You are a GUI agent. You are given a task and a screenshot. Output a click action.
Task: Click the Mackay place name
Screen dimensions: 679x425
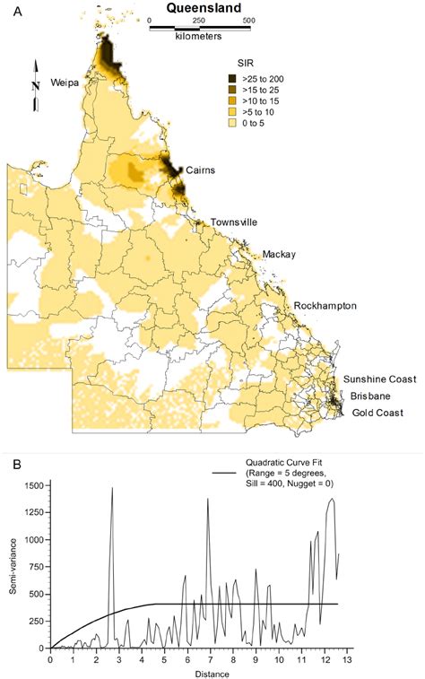[x=280, y=255]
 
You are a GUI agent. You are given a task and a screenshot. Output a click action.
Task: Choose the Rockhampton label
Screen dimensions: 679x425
[x=325, y=306]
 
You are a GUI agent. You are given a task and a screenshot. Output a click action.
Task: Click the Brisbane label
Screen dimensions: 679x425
[x=369, y=395]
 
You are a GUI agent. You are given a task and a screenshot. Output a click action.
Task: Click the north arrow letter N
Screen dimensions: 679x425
[x=36, y=83]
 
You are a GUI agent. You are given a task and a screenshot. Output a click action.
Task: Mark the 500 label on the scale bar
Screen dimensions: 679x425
[x=247, y=20]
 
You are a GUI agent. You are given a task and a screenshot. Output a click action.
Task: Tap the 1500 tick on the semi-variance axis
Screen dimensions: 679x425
[x=31, y=485]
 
